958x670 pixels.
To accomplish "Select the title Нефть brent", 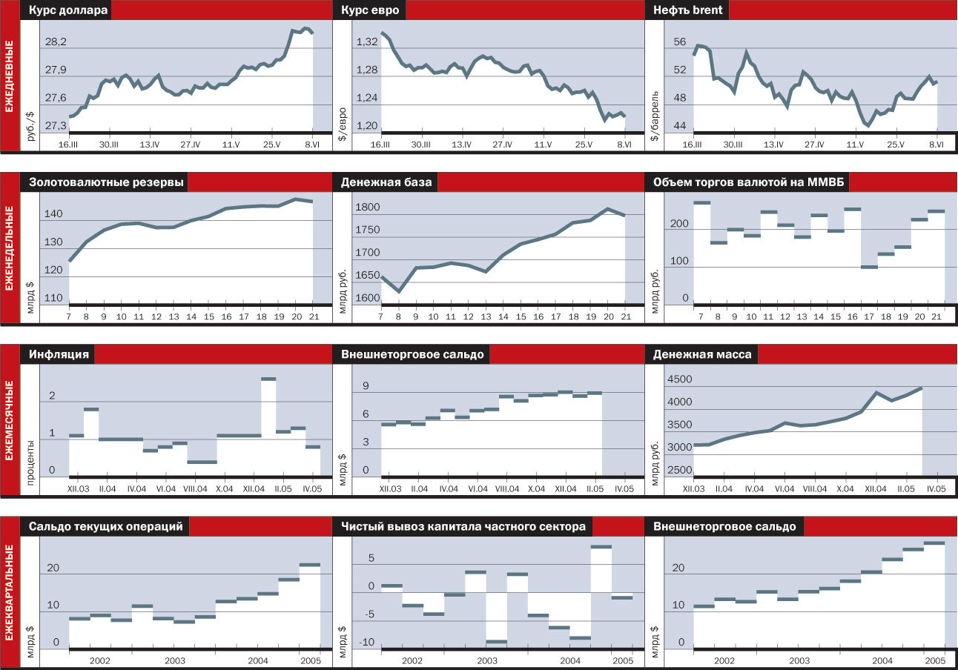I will point(688,10).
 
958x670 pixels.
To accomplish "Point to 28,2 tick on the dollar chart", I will point(56,42).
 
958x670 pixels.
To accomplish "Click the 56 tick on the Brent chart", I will point(680,42).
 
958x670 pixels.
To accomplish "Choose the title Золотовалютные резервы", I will point(107,182).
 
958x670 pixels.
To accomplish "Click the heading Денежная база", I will point(386,182).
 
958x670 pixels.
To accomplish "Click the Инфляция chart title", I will point(59,354).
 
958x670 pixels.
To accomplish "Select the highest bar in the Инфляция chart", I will point(268,379).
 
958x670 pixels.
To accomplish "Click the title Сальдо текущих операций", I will point(105,527).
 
